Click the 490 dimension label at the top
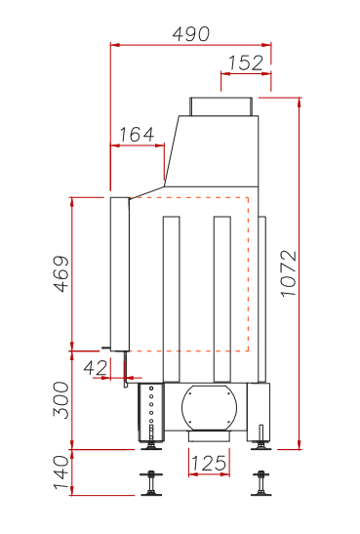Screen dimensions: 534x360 pyautogui.click(x=190, y=32)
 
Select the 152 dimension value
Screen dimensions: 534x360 pyautogui.click(x=245, y=63)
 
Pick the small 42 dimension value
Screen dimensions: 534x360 pyautogui.click(x=96, y=367)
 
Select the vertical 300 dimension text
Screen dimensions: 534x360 pyautogui.click(x=60, y=400)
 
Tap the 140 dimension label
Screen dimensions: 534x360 pyautogui.click(x=60, y=474)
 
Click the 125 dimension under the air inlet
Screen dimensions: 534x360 pyautogui.click(x=207, y=462)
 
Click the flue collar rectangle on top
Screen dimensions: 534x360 pyautogui.click(x=224, y=105)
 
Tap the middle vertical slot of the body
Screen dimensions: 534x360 pyautogui.click(x=221, y=299)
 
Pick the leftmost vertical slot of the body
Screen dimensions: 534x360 pyautogui.click(x=172, y=299)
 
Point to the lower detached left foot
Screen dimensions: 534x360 pyautogui.click(x=151, y=483)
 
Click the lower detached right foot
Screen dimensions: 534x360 pyautogui.click(x=260, y=483)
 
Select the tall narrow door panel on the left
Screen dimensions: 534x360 pyautogui.click(x=119, y=273)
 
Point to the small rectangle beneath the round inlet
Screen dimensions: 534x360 pyautogui.click(x=206, y=436)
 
